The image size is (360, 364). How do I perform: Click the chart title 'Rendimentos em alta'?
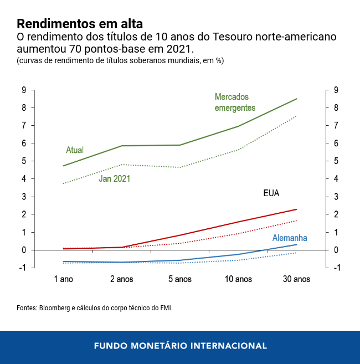[x=80, y=24]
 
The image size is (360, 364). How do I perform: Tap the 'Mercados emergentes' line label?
[x=235, y=102]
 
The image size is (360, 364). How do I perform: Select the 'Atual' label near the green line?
[x=75, y=150]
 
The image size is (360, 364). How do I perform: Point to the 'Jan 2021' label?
[x=115, y=178]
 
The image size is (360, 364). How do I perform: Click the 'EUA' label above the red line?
[x=271, y=193]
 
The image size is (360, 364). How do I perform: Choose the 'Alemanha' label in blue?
[x=289, y=238]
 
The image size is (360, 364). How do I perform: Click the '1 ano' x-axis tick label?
[x=64, y=279]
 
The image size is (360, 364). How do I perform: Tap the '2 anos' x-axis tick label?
[x=121, y=279]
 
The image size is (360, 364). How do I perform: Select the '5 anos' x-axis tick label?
[x=179, y=279]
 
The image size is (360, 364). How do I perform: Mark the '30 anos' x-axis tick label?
[x=296, y=279]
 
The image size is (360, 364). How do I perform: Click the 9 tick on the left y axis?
[x=24, y=90]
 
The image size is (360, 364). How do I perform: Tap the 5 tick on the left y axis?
[x=24, y=161]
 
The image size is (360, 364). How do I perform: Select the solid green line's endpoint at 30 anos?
[x=297, y=99]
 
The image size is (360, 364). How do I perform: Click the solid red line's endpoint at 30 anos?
[x=297, y=209]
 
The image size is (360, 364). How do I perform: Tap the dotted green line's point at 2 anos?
[x=121, y=165]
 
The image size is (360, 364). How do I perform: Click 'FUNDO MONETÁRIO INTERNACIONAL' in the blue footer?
[x=180, y=346]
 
